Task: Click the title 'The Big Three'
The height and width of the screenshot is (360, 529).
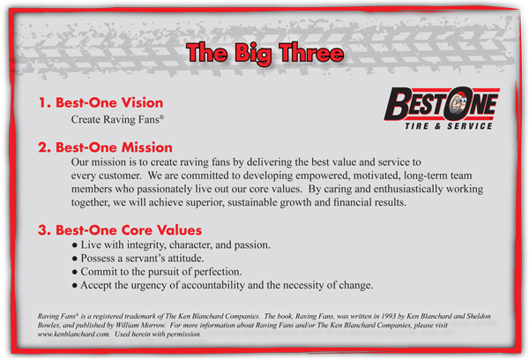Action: pyautogui.click(x=265, y=53)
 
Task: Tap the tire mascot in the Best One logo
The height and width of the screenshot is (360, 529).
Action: pyautogui.click(x=456, y=103)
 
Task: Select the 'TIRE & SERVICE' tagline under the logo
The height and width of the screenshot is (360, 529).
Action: pyautogui.click(x=449, y=126)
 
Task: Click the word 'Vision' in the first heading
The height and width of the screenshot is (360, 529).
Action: pyautogui.click(x=142, y=102)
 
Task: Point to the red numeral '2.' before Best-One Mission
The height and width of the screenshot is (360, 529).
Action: pyautogui.click(x=44, y=147)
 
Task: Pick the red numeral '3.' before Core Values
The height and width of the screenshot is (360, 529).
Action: pyautogui.click(x=44, y=230)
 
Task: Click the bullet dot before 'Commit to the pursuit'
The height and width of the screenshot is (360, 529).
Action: pyautogui.click(x=75, y=272)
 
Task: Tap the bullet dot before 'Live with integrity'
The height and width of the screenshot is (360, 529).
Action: pyautogui.click(x=75, y=245)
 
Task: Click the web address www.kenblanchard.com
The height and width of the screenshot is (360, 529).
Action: pyautogui.click(x=73, y=334)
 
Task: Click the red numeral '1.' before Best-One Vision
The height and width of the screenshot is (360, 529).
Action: pyautogui.click(x=44, y=102)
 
